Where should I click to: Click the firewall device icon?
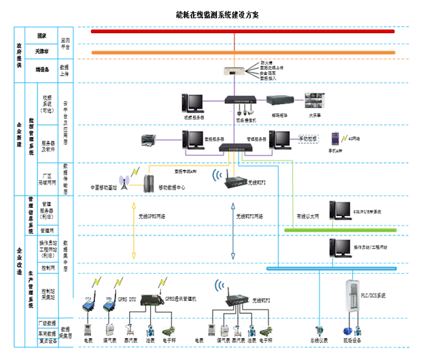(x=234, y=71)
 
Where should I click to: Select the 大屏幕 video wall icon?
(x=315, y=101)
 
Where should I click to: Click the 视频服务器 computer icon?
(x=193, y=103)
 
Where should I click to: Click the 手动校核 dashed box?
(x=309, y=138)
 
